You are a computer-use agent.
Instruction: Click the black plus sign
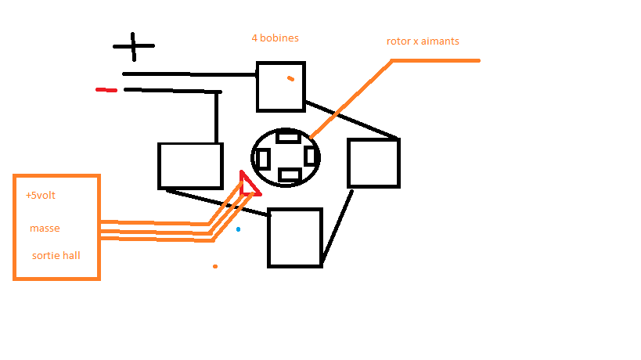pos(133,46)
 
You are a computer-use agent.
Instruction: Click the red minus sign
pos(106,90)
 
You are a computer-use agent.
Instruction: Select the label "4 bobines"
pos(275,38)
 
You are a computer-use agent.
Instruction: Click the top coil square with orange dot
pos(280,86)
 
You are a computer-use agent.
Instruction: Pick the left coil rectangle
pos(190,165)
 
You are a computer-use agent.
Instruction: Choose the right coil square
pos(373,163)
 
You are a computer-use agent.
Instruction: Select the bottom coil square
pos(295,237)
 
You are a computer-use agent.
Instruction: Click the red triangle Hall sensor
pos(249,184)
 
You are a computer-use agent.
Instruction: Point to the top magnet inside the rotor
pos(288,137)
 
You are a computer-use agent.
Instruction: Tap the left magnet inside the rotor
pos(263,159)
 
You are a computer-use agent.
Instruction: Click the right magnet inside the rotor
pos(311,155)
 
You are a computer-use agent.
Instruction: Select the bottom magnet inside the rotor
pos(290,175)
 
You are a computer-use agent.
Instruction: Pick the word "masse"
pos(45,228)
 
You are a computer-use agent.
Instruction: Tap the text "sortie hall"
pos(56,256)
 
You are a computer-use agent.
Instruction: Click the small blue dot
pos(238,229)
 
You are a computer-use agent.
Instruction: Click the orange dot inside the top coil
pos(290,78)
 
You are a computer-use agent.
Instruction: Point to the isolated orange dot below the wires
pos(215,266)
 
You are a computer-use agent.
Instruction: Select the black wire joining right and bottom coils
pos(337,225)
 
